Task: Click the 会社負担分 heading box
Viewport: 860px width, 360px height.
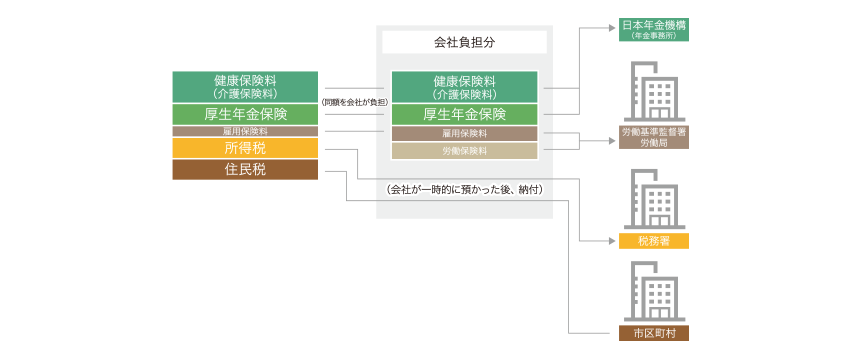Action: click(464, 42)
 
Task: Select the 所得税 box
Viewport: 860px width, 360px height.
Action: click(245, 148)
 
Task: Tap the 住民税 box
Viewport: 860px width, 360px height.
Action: click(245, 170)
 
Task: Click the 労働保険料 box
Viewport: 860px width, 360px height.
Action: click(464, 151)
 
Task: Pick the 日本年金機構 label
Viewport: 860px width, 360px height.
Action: click(653, 30)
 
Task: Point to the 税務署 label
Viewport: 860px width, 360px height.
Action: click(653, 241)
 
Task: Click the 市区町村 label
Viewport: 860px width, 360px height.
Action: click(653, 333)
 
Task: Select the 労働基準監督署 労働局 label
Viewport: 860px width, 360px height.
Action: click(653, 138)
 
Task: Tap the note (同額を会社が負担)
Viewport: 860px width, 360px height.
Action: click(354, 102)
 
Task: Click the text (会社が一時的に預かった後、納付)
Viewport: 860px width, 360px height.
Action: click(464, 190)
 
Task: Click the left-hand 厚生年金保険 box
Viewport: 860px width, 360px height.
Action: click(245, 114)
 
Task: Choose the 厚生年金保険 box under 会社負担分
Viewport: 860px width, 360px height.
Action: click(464, 114)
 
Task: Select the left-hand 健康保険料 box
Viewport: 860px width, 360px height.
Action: click(245, 87)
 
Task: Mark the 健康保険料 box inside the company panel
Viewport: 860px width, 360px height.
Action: click(464, 87)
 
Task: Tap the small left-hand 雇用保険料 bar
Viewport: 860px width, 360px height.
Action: click(245, 131)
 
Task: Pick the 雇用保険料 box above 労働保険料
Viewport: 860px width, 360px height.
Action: click(464, 133)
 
